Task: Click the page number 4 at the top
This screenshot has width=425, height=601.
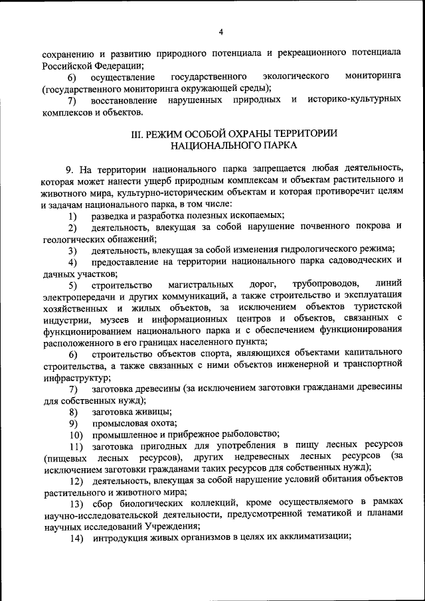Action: tap(220, 32)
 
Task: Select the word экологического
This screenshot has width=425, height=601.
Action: tap(296, 76)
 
